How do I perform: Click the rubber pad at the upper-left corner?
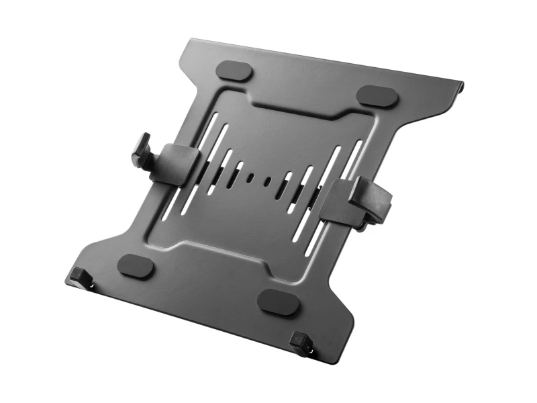(236, 71)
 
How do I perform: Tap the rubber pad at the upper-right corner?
(377, 95)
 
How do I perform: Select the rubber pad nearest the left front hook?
(136, 266)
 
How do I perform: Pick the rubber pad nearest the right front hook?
(279, 302)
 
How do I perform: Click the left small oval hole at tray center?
(251, 179)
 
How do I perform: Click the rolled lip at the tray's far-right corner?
(458, 88)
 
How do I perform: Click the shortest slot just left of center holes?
(236, 175)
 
